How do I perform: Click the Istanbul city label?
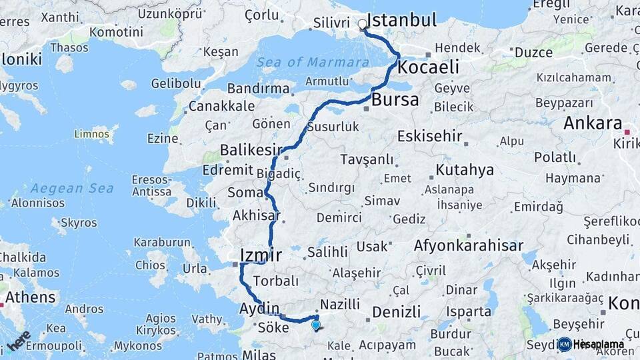tap(402, 20)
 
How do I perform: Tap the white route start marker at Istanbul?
tap(363, 25)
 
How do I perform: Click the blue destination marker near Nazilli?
tap(315, 325)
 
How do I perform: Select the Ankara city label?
tap(593, 123)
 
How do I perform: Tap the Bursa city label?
tap(395, 101)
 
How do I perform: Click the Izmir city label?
tap(261, 255)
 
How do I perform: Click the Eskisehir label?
tap(429, 136)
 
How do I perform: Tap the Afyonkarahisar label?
tap(469, 245)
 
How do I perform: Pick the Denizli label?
tap(396, 311)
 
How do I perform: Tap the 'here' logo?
tap(18, 340)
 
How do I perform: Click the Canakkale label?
tap(221, 106)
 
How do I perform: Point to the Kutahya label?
tap(465, 169)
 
